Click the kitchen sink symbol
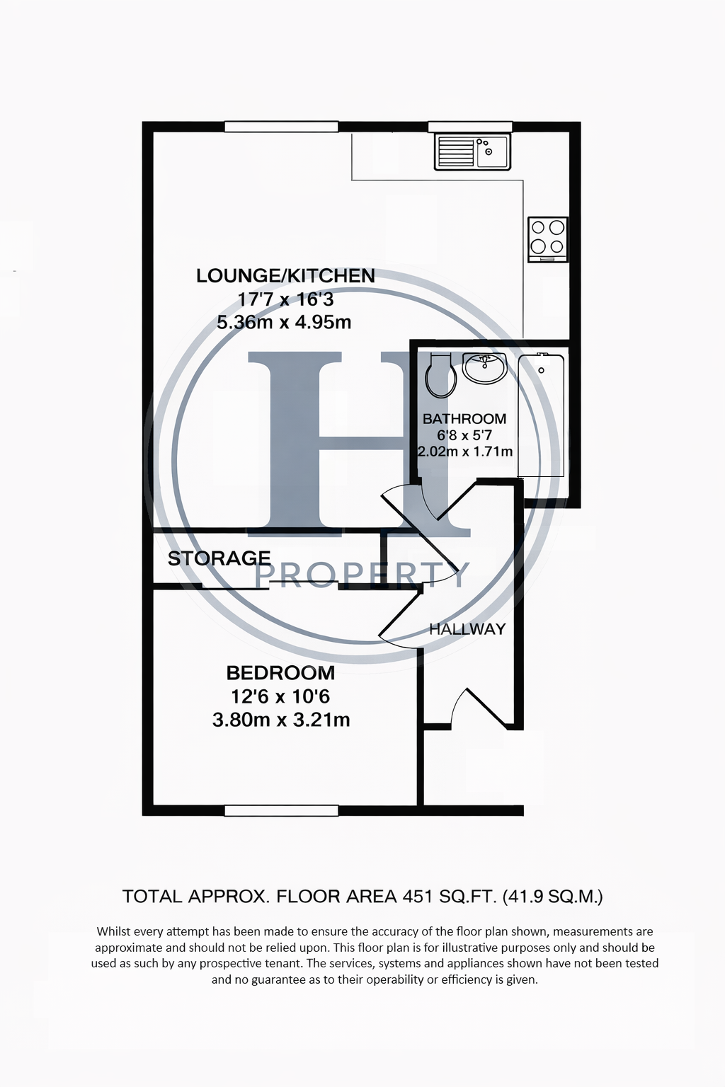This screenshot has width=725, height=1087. coord(472,152)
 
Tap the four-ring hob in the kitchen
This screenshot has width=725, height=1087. coord(548,239)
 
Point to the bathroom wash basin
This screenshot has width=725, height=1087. coord(484,368)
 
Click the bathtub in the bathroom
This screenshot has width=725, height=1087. coord(541,415)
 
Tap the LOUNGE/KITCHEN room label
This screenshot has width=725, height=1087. coord(285,275)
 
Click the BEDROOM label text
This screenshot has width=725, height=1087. coord(280,672)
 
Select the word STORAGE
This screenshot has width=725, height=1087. coord(219,558)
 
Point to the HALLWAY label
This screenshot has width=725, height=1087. coord(467,629)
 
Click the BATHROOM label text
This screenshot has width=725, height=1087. coord(464,418)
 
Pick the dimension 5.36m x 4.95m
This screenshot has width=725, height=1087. coord(284,322)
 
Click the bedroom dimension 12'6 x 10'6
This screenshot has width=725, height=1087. coord(280,696)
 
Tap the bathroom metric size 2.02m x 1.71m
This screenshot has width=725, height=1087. coord(465,452)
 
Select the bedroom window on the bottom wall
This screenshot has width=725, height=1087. coord(282,810)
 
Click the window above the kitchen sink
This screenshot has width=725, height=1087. coord(470,127)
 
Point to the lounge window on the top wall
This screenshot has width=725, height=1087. coord(281,126)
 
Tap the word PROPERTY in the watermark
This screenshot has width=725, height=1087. coord(362,575)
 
